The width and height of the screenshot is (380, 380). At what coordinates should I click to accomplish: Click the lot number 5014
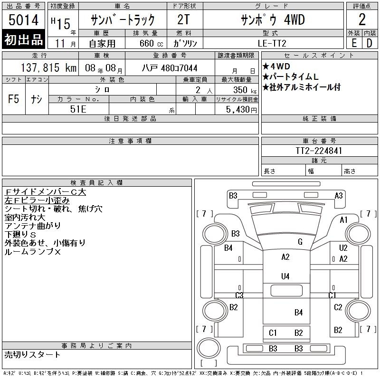(23, 20)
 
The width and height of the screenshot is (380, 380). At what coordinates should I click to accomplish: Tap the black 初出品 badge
(23, 39)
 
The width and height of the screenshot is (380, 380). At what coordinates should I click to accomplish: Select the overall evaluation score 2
(362, 19)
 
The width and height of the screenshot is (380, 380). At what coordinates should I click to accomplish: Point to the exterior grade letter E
(354, 43)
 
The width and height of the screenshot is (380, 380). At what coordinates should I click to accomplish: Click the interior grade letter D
(370, 43)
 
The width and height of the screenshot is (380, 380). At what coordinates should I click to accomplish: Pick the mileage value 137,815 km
(48, 67)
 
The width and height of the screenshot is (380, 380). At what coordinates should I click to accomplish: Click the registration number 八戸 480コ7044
(170, 68)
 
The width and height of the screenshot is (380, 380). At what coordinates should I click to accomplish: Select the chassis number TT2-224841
(319, 151)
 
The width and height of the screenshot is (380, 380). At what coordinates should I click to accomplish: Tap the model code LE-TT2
(272, 43)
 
